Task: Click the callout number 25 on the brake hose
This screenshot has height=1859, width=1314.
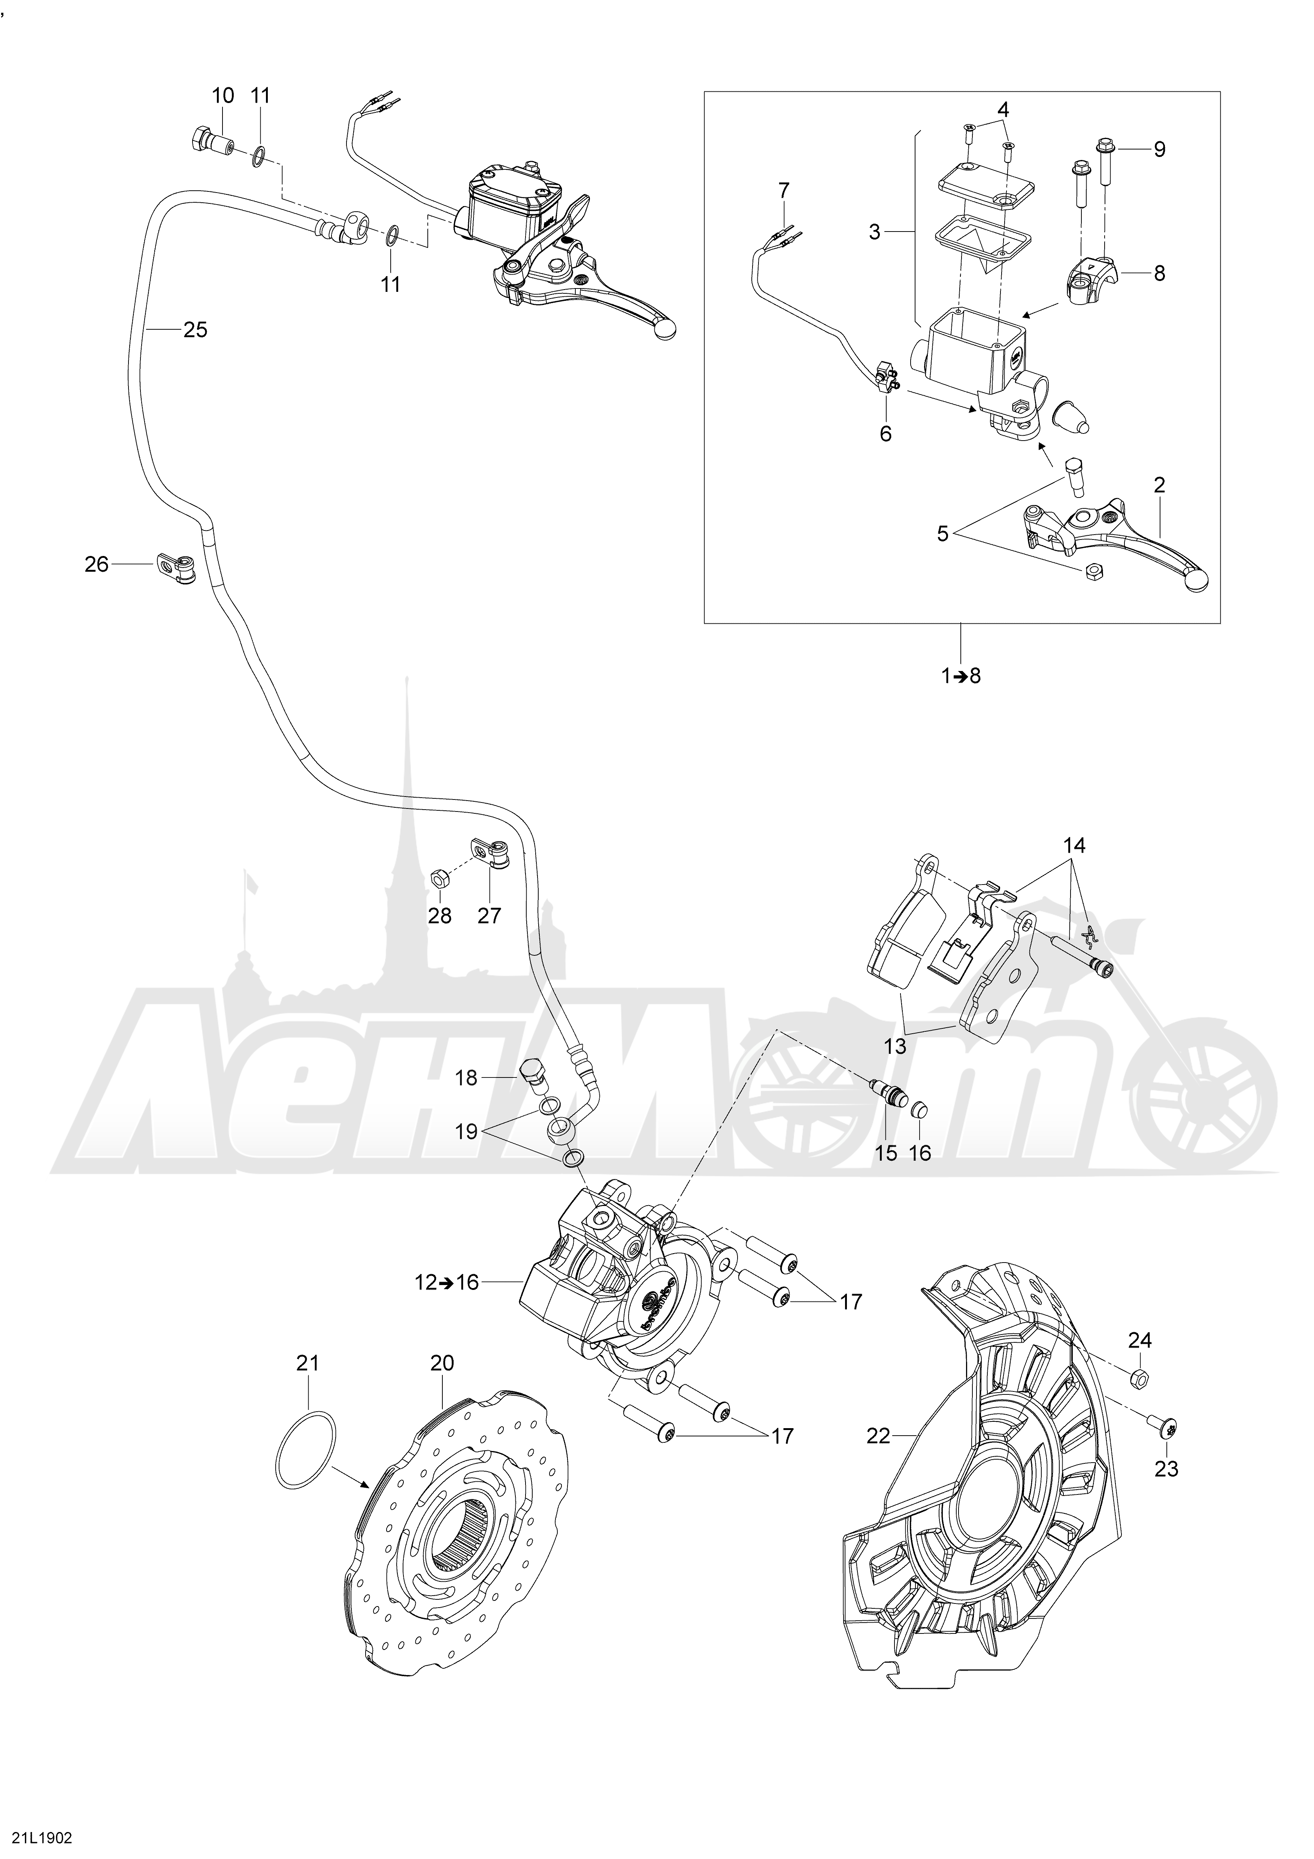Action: pyautogui.click(x=195, y=330)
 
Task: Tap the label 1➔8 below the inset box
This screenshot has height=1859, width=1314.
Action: pyautogui.click(x=961, y=675)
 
